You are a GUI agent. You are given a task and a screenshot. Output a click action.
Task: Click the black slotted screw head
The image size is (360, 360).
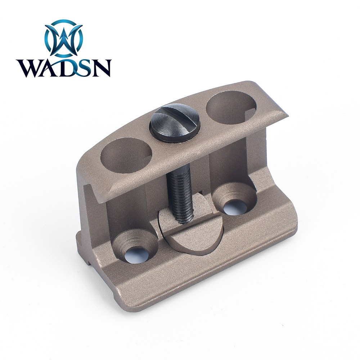pos(175,122)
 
